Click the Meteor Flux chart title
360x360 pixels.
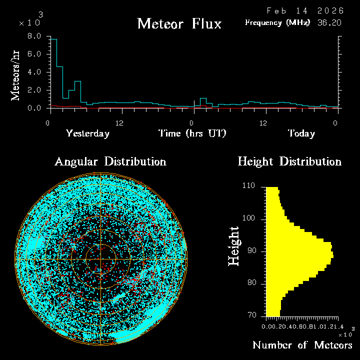coord(179,23)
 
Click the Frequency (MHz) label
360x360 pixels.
coord(277,22)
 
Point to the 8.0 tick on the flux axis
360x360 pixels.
coord(34,36)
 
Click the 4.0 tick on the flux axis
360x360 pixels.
coord(34,72)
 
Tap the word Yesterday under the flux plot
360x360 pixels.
coord(87,133)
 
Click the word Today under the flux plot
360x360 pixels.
coord(301,133)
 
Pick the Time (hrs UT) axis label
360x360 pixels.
coord(192,133)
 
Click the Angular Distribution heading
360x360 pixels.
coord(110,162)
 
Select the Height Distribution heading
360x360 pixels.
coord(289,162)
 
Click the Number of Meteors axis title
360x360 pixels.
coord(302,345)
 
